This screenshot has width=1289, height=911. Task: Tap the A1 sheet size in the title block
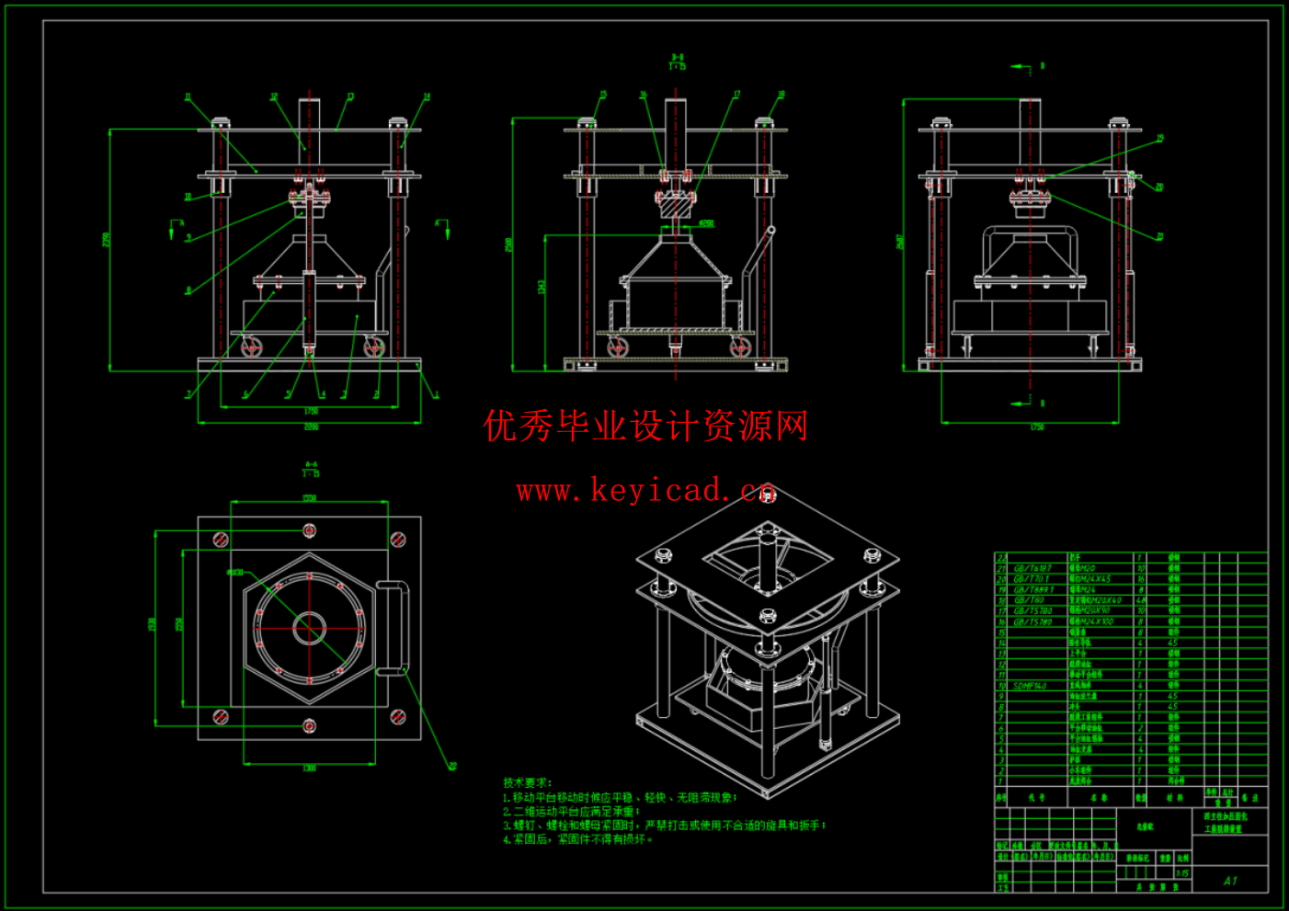1230,881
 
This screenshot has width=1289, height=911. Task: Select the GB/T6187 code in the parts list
1032,569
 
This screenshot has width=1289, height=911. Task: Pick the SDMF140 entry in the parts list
1031,686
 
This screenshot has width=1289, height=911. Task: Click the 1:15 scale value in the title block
1181,873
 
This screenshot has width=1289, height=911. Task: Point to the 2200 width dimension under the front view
311,427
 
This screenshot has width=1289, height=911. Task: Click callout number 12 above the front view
273,97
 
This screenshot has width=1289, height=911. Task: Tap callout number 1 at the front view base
437,396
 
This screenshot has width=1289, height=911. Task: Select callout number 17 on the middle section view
736,95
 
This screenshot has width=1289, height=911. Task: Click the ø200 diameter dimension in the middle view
706,223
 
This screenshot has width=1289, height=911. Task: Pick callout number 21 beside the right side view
1160,236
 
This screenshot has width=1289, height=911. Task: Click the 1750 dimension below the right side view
1036,427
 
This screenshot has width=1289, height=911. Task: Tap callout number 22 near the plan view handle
451,766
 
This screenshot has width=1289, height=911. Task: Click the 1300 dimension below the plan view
309,768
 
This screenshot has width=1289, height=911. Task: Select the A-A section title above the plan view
311,469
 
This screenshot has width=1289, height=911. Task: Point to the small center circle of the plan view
309,629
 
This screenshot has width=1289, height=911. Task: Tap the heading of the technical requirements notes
527,782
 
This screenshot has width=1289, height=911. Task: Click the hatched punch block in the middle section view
676,209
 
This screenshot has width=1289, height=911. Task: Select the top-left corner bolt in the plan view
221,540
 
